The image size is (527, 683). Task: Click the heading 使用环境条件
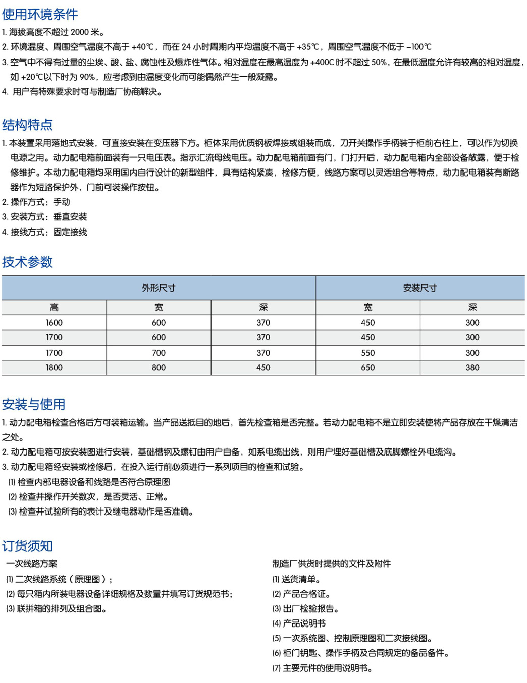pyautogui.click(x=40, y=14)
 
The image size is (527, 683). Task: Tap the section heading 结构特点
pyautogui.click(x=27, y=125)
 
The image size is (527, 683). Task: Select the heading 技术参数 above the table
pyautogui.click(x=27, y=262)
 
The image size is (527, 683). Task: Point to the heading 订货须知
pyautogui.click(x=27, y=546)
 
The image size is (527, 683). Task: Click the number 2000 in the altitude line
pyautogui.click(x=79, y=32)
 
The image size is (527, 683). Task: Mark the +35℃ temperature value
pyautogui.click(x=307, y=47)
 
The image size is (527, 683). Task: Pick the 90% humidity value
pyautogui.click(x=87, y=77)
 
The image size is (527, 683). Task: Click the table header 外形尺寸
pyautogui.click(x=159, y=288)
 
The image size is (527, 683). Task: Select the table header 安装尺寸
pyautogui.click(x=419, y=288)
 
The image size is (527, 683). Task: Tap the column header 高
pyautogui.click(x=54, y=307)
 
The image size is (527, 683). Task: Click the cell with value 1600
pyautogui.click(x=54, y=323)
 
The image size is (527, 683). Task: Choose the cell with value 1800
pyautogui.click(x=54, y=368)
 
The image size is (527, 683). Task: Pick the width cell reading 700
pyautogui.click(x=159, y=353)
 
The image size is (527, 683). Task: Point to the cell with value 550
pyautogui.click(x=367, y=353)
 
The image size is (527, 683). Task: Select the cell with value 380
pyautogui.click(x=472, y=368)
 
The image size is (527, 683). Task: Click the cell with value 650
pyautogui.click(x=367, y=368)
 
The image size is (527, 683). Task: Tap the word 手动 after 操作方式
pyautogui.click(x=62, y=202)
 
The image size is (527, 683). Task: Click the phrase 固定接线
pyautogui.click(x=70, y=232)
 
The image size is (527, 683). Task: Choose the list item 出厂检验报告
pyautogui.click(x=310, y=609)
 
